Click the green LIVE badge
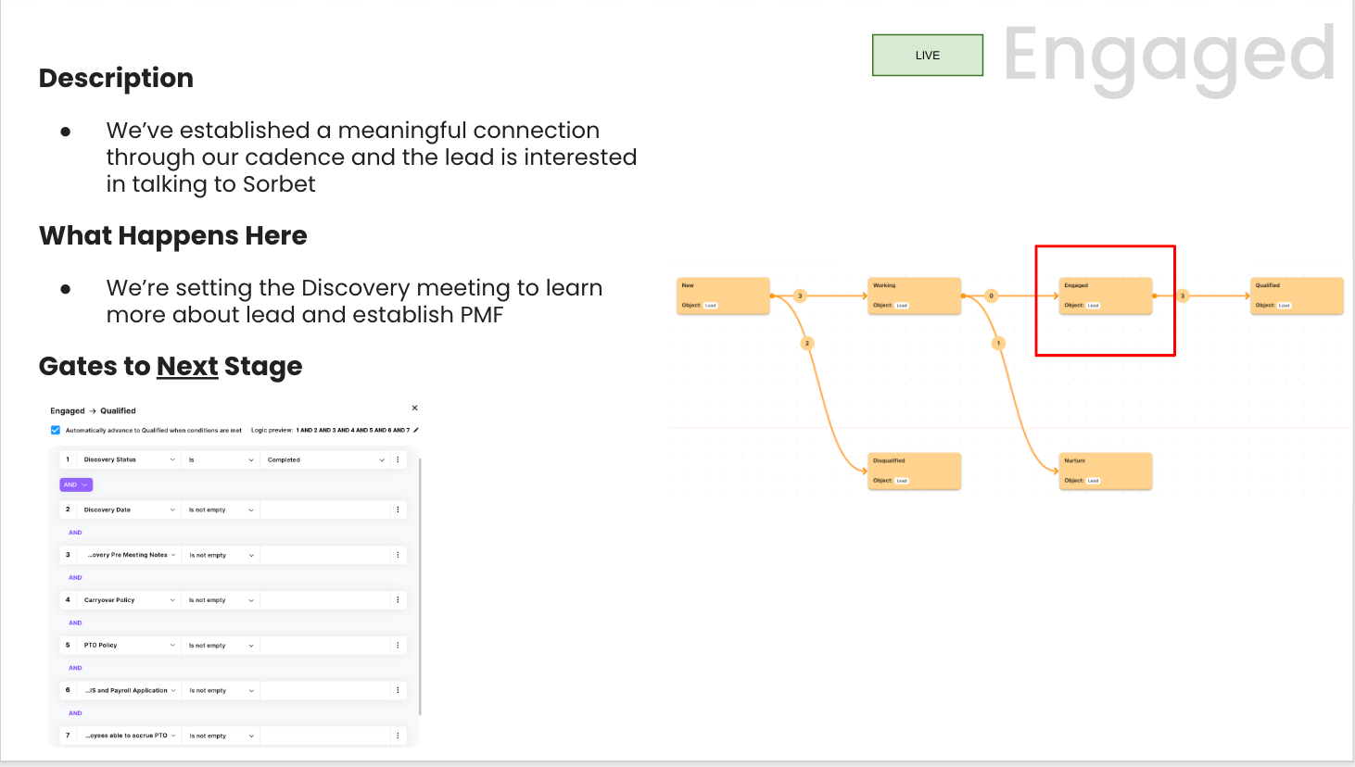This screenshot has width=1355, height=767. click(x=927, y=56)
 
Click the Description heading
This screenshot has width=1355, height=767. click(x=116, y=78)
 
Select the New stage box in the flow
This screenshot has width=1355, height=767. click(x=723, y=295)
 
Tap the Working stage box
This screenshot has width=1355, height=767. click(x=914, y=295)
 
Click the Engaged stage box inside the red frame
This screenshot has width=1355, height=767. click(x=1105, y=295)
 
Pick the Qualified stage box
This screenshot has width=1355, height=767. click(x=1297, y=295)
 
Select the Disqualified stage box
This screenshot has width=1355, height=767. click(x=914, y=471)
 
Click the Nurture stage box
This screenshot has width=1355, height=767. click(x=1105, y=471)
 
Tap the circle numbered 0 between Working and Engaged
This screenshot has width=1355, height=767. click(x=991, y=296)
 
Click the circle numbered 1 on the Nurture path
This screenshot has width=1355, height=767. click(x=998, y=344)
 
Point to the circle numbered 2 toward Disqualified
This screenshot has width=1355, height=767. click(x=807, y=344)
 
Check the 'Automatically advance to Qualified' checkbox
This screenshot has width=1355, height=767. click(x=56, y=430)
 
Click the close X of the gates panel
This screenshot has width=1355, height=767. click(x=414, y=408)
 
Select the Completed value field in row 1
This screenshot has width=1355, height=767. click(x=324, y=459)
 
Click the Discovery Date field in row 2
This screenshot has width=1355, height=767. click(x=128, y=509)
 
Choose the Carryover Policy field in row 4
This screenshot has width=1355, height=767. click(x=128, y=600)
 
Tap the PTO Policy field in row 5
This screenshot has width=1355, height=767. click(x=128, y=645)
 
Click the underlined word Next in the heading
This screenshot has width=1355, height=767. click(x=187, y=367)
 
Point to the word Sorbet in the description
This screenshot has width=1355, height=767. click(x=278, y=184)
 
